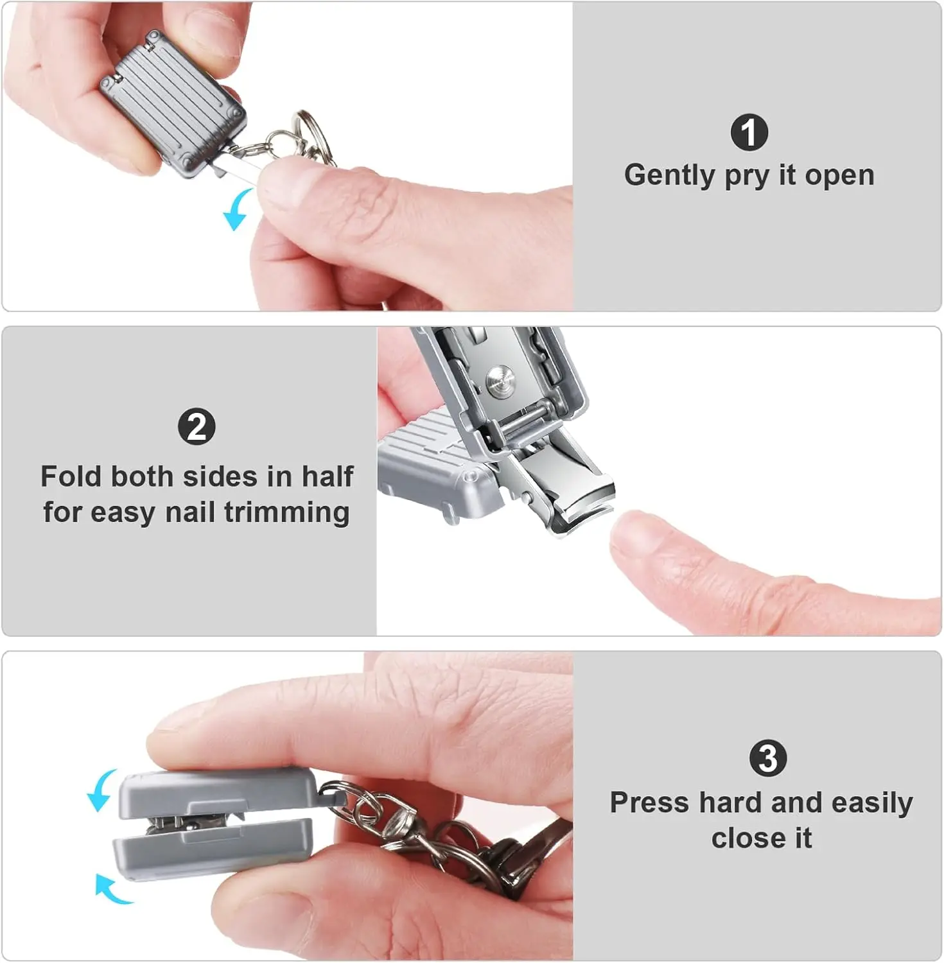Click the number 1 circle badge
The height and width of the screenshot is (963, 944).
(749, 133)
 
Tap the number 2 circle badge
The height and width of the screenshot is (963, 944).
(197, 427)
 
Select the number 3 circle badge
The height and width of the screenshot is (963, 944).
(767, 758)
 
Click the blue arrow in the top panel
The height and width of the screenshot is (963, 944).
(236, 210)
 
